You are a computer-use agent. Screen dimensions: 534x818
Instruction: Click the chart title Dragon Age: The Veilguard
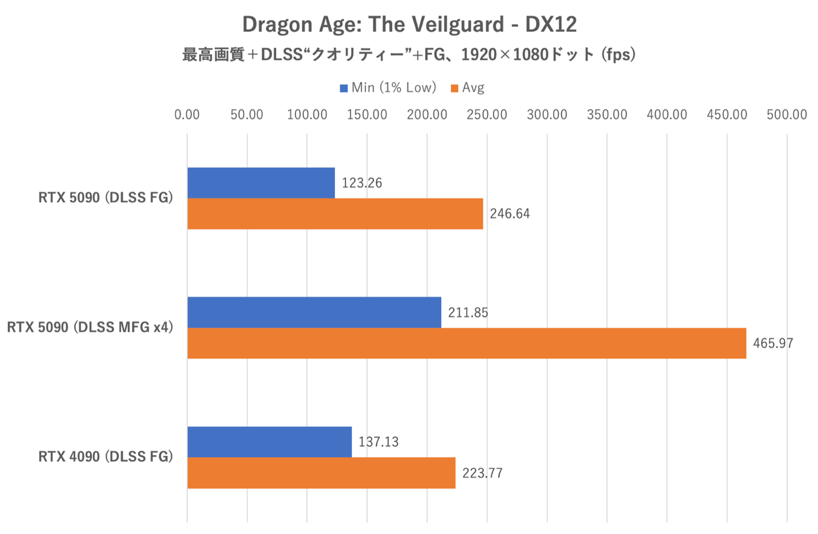409,24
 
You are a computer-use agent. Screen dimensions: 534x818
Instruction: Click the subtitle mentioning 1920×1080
409,55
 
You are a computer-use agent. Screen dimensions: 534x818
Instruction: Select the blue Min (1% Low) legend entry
387,88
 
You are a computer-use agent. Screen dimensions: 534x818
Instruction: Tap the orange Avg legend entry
468,88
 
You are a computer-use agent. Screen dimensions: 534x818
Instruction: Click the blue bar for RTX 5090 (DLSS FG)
261,183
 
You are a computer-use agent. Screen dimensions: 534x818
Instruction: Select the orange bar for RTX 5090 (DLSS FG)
335,214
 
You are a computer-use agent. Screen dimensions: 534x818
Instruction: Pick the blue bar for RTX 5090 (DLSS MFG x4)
314,312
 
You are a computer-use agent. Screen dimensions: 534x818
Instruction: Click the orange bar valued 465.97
466,343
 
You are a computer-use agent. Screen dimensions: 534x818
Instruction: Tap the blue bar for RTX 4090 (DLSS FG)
269,442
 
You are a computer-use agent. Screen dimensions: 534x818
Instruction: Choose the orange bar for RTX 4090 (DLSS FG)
321,473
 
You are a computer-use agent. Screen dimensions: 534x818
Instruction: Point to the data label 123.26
362,183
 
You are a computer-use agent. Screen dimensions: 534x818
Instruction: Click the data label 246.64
510,214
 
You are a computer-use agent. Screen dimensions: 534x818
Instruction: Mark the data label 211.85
468,312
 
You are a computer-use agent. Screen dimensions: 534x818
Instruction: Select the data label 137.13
378,442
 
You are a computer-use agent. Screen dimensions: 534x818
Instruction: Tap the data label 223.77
482,473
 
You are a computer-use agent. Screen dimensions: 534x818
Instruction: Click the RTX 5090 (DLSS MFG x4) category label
90,327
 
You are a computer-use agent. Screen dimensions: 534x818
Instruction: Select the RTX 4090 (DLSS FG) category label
105,456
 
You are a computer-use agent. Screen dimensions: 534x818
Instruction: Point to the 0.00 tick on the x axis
187,114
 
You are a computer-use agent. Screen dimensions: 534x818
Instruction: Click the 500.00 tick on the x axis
787,114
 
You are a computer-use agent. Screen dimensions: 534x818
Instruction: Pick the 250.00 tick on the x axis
487,114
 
